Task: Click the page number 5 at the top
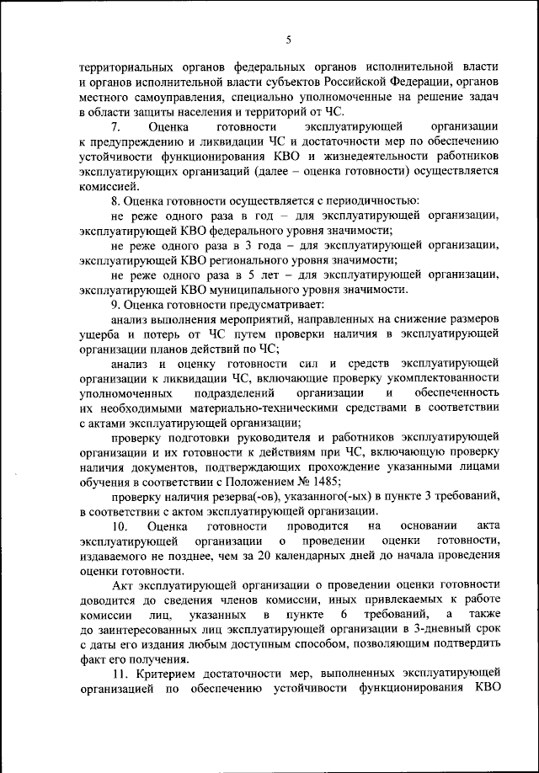coord(288,40)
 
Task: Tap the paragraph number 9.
coord(116,304)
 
